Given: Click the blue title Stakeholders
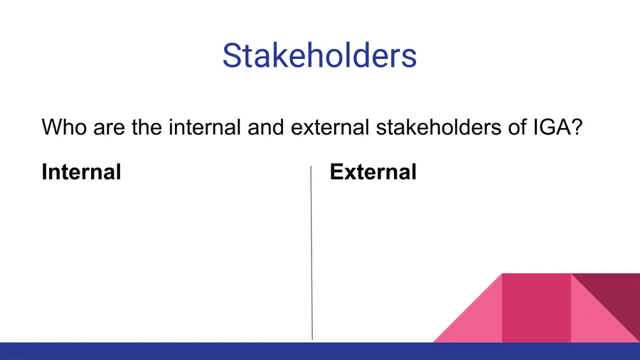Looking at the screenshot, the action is click(319, 55).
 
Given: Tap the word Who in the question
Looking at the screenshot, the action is click(65, 127).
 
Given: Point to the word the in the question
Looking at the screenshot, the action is click(146, 127).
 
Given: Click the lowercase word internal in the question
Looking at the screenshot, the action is click(205, 127).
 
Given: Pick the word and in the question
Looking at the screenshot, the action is click(266, 127).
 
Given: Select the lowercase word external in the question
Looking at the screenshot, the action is click(330, 127).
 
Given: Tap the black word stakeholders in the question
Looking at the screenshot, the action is click(439, 127).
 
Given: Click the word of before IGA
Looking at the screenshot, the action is click(517, 127).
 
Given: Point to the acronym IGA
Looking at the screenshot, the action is click(551, 127).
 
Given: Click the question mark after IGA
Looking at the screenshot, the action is click(576, 127).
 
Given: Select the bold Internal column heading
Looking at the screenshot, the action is click(81, 171).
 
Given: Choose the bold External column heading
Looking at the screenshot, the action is click(373, 171).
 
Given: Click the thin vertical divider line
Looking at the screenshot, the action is click(311, 253).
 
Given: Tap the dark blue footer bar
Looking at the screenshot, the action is click(320, 351).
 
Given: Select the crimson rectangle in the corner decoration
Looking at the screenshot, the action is click(536, 308).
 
